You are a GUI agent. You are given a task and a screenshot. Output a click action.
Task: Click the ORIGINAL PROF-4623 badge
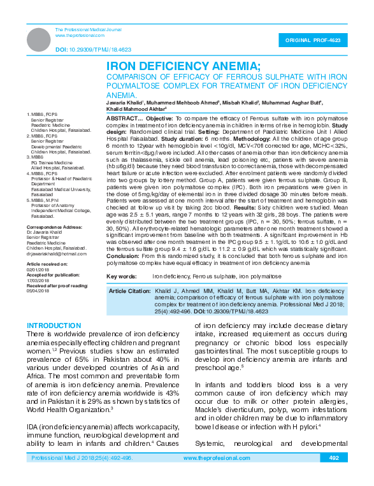point(317,39)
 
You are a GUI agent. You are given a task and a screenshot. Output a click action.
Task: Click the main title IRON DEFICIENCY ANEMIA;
point(183,66)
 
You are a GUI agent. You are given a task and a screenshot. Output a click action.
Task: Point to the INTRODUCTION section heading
point(53,325)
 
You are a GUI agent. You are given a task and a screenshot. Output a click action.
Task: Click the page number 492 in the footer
point(333,476)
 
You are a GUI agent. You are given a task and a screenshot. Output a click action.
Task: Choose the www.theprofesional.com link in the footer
point(213,476)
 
